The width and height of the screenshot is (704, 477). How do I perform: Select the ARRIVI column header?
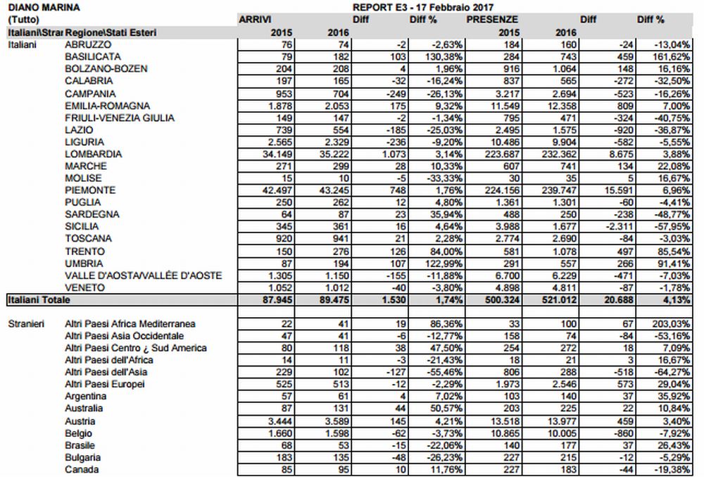[x=256, y=20]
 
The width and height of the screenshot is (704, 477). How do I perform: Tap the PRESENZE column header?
[x=493, y=20]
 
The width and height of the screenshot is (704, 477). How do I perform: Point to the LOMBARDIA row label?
[x=93, y=154]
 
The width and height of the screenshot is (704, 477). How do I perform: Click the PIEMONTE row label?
[x=89, y=190]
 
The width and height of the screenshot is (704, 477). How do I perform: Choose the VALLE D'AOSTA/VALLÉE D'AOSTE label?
[x=144, y=275]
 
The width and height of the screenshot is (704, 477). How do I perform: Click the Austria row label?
[x=79, y=421]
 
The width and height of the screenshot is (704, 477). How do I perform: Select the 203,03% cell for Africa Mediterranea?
[x=668, y=323]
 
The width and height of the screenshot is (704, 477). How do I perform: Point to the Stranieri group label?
[x=26, y=323]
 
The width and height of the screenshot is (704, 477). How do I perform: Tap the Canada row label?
[x=81, y=470]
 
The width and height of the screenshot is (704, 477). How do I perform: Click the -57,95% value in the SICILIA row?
[x=669, y=227]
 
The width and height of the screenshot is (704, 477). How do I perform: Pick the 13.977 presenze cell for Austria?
[x=553, y=421]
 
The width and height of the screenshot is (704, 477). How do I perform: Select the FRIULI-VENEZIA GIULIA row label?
[x=119, y=118]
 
